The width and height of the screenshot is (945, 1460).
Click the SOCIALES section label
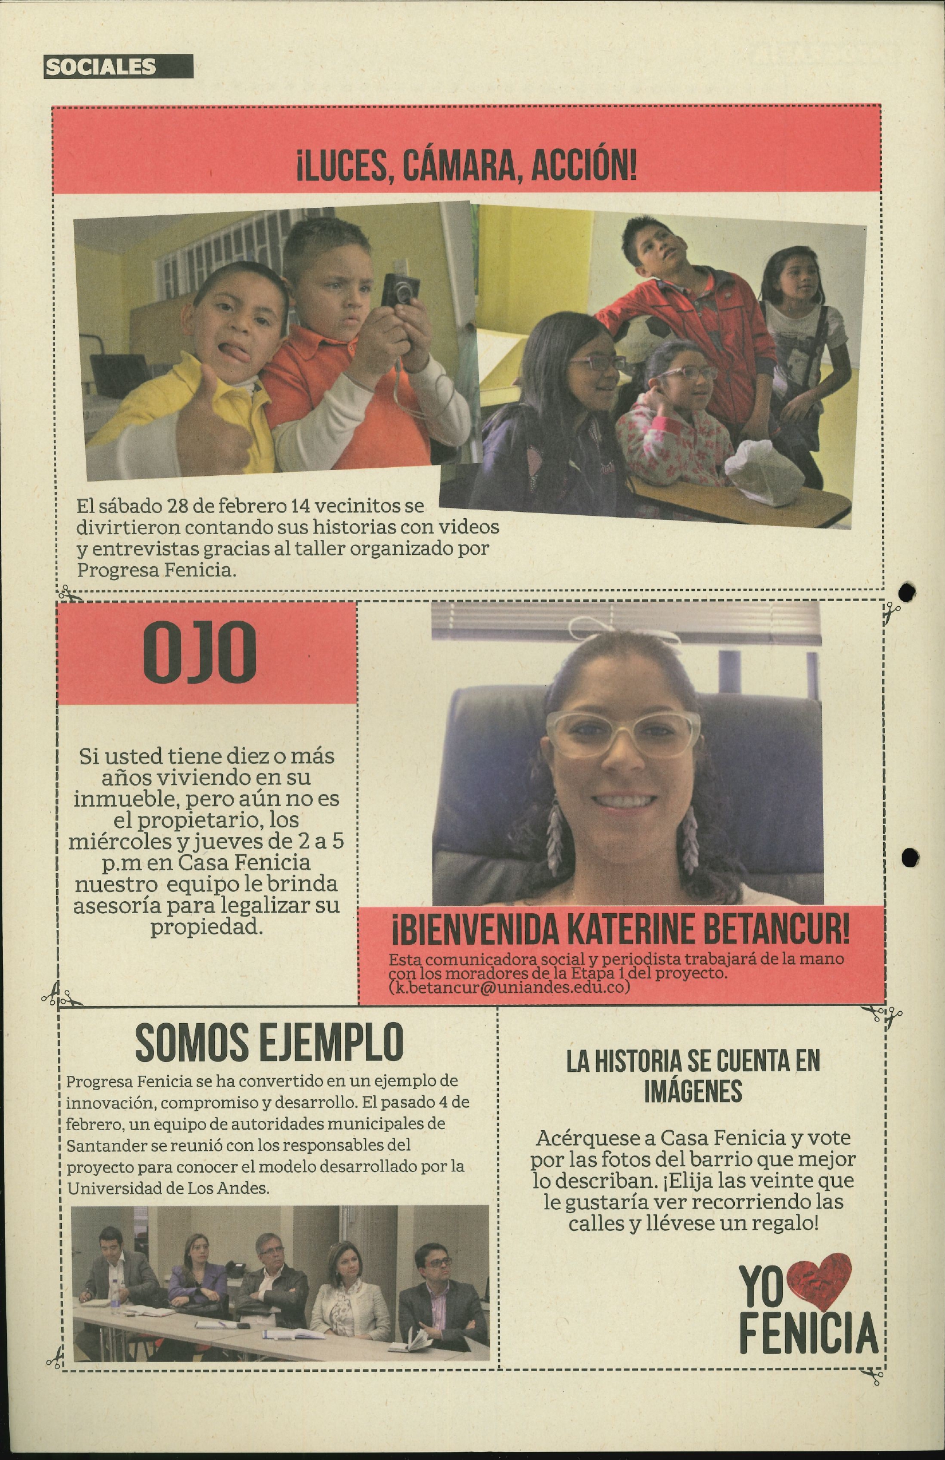101,67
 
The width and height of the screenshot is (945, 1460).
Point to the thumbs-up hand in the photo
203,429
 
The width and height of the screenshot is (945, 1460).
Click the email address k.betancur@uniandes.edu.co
509,987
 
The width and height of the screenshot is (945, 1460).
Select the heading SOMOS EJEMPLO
269,1042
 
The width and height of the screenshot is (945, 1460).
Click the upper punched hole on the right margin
907,592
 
